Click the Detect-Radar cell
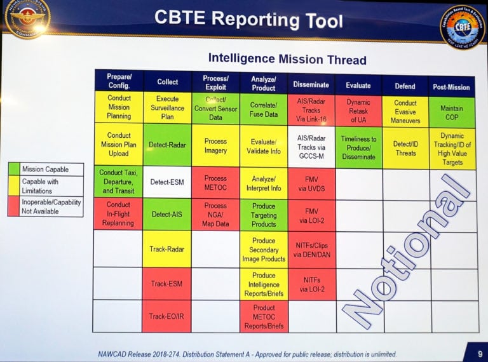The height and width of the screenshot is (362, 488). (168, 145)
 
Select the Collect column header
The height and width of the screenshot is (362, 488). (168, 82)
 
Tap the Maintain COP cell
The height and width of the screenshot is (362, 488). (452, 112)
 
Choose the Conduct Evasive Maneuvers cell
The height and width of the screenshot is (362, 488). (405, 112)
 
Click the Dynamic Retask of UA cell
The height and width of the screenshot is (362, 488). (358, 112)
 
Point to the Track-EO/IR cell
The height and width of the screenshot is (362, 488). (166, 316)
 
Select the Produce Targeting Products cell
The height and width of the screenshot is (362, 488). (264, 215)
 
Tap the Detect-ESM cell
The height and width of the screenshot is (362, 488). (166, 183)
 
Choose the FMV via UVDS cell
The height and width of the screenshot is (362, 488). (311, 184)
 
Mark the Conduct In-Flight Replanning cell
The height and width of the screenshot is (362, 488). (118, 214)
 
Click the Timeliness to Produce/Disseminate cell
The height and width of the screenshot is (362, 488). (358, 148)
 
